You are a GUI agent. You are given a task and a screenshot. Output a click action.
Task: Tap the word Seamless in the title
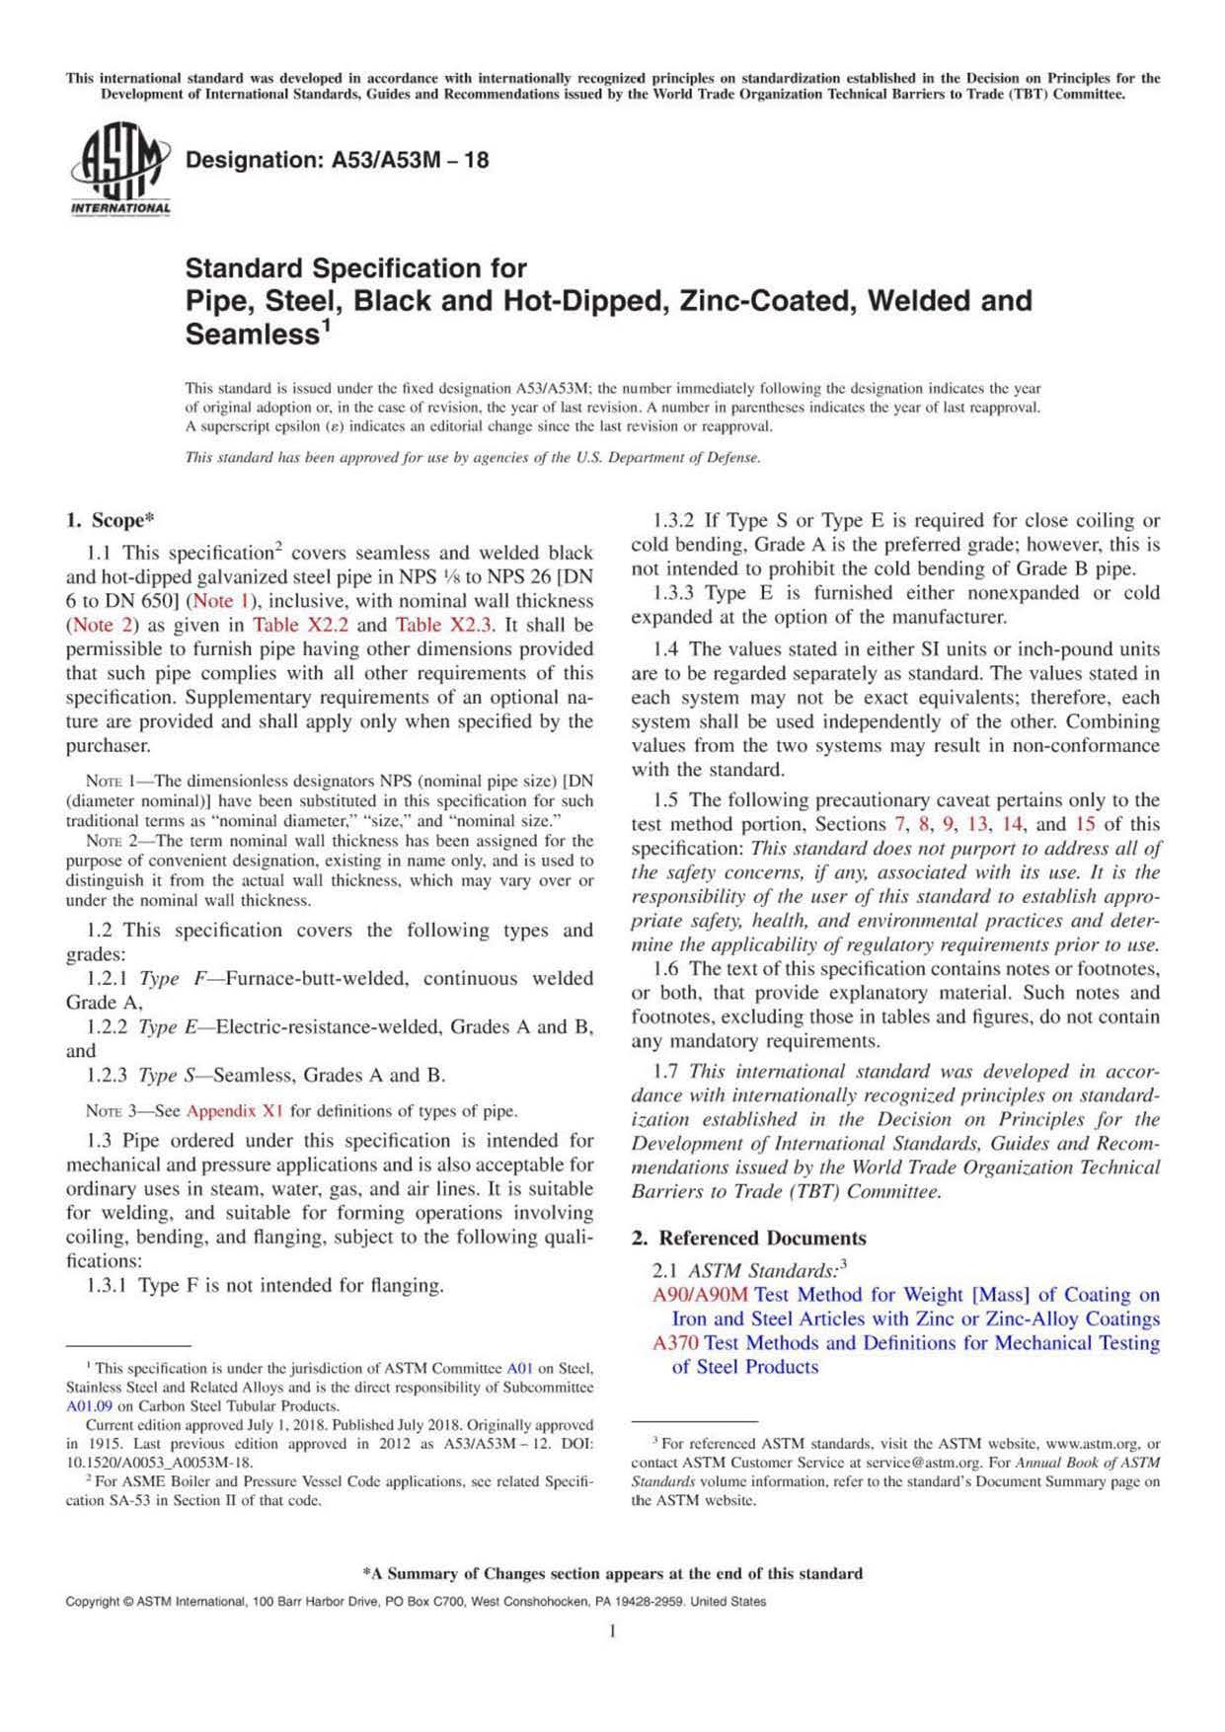pos(251,335)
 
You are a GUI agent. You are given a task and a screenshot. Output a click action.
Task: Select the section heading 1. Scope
pos(110,520)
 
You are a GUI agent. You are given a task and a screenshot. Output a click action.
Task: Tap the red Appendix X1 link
pos(235,1111)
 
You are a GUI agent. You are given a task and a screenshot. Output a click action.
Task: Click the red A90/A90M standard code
pos(700,1295)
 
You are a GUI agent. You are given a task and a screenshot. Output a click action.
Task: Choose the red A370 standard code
pos(676,1343)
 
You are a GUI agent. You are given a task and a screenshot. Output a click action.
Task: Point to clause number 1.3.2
pos(674,521)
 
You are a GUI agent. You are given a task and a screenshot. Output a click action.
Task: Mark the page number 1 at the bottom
pos(612,1631)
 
